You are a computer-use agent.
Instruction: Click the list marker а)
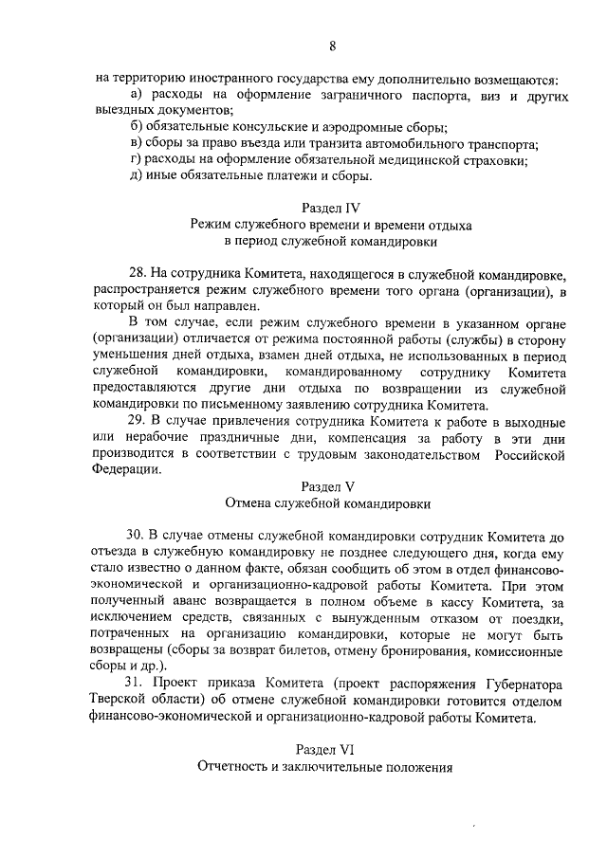(137, 96)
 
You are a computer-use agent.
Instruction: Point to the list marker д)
(137, 174)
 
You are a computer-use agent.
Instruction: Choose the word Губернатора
(522, 684)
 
